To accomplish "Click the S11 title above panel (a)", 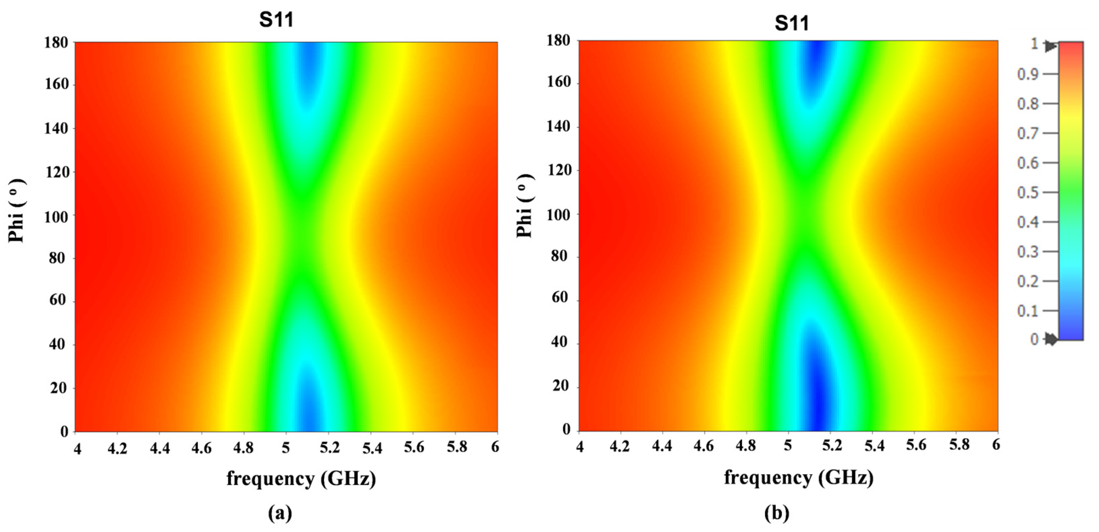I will [277, 20].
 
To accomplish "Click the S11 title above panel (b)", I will [792, 23].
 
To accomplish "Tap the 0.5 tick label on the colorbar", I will [1028, 192].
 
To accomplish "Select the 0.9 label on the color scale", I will [1028, 74].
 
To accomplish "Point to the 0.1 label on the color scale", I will [1028, 311].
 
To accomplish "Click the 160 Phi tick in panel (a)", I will [57, 84].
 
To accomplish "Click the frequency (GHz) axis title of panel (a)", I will [301, 479].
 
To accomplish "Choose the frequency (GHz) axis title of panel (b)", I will [799, 477].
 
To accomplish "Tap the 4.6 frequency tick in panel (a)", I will [201, 448].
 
